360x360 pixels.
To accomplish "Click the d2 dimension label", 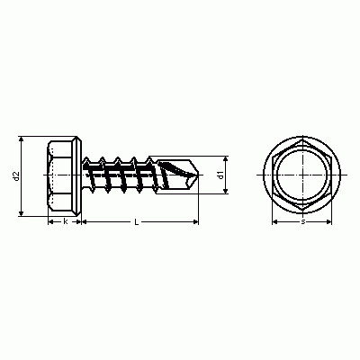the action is pos(17,176).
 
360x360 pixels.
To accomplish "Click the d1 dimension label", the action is pos(221,175).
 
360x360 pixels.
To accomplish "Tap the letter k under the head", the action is pos(65,221).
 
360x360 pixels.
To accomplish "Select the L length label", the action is pos(137,221).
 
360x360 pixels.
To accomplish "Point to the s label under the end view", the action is pos(303,222).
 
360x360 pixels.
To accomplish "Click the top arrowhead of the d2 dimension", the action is pos(21,139).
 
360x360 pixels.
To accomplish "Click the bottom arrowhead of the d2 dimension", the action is pos(21,213).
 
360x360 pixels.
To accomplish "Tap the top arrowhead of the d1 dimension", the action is pos(226,158).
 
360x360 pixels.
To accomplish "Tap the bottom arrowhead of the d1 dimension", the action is pos(226,191).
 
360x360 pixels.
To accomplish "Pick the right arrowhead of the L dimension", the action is pos(196,221).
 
